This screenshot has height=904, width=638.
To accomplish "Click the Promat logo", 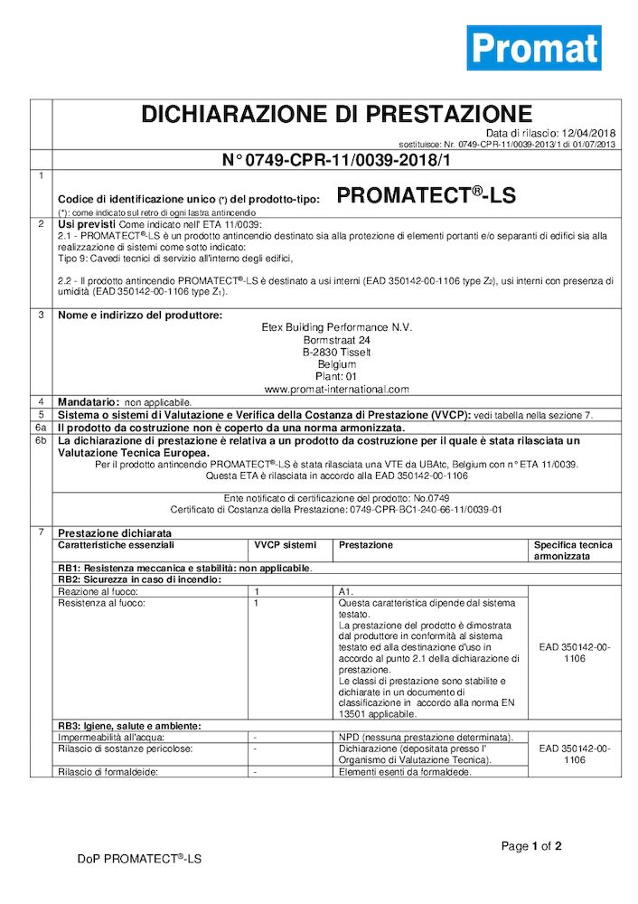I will click(533, 48).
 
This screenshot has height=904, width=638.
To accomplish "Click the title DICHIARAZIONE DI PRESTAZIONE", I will click(337, 114).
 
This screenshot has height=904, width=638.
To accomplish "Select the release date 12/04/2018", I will click(588, 134).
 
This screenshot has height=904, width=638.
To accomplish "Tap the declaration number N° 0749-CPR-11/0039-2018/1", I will click(337, 160).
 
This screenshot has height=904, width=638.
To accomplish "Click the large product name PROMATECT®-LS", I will click(427, 195).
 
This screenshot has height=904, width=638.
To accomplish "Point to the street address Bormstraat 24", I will click(337, 340).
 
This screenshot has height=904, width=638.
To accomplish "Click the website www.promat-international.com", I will click(337, 390).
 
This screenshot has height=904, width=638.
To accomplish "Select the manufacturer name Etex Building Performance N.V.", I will click(337, 327).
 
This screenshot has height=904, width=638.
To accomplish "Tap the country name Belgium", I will click(337, 364).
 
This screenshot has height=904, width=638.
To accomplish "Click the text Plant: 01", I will click(337, 377).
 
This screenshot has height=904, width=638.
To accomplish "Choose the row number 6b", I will click(41, 440).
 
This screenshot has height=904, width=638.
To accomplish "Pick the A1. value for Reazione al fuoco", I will click(346, 590).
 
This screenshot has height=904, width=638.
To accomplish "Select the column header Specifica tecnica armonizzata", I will click(573, 551).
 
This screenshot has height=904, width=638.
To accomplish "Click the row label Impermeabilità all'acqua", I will click(105, 738).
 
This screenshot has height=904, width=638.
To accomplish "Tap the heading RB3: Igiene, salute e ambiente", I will click(129, 726).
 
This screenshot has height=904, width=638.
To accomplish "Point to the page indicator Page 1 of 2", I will click(531, 846).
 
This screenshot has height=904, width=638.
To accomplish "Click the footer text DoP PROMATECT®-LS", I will click(139, 859).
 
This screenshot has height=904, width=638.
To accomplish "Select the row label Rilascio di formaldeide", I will click(108, 771).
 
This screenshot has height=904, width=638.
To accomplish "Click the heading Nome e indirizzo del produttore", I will click(139, 315).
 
